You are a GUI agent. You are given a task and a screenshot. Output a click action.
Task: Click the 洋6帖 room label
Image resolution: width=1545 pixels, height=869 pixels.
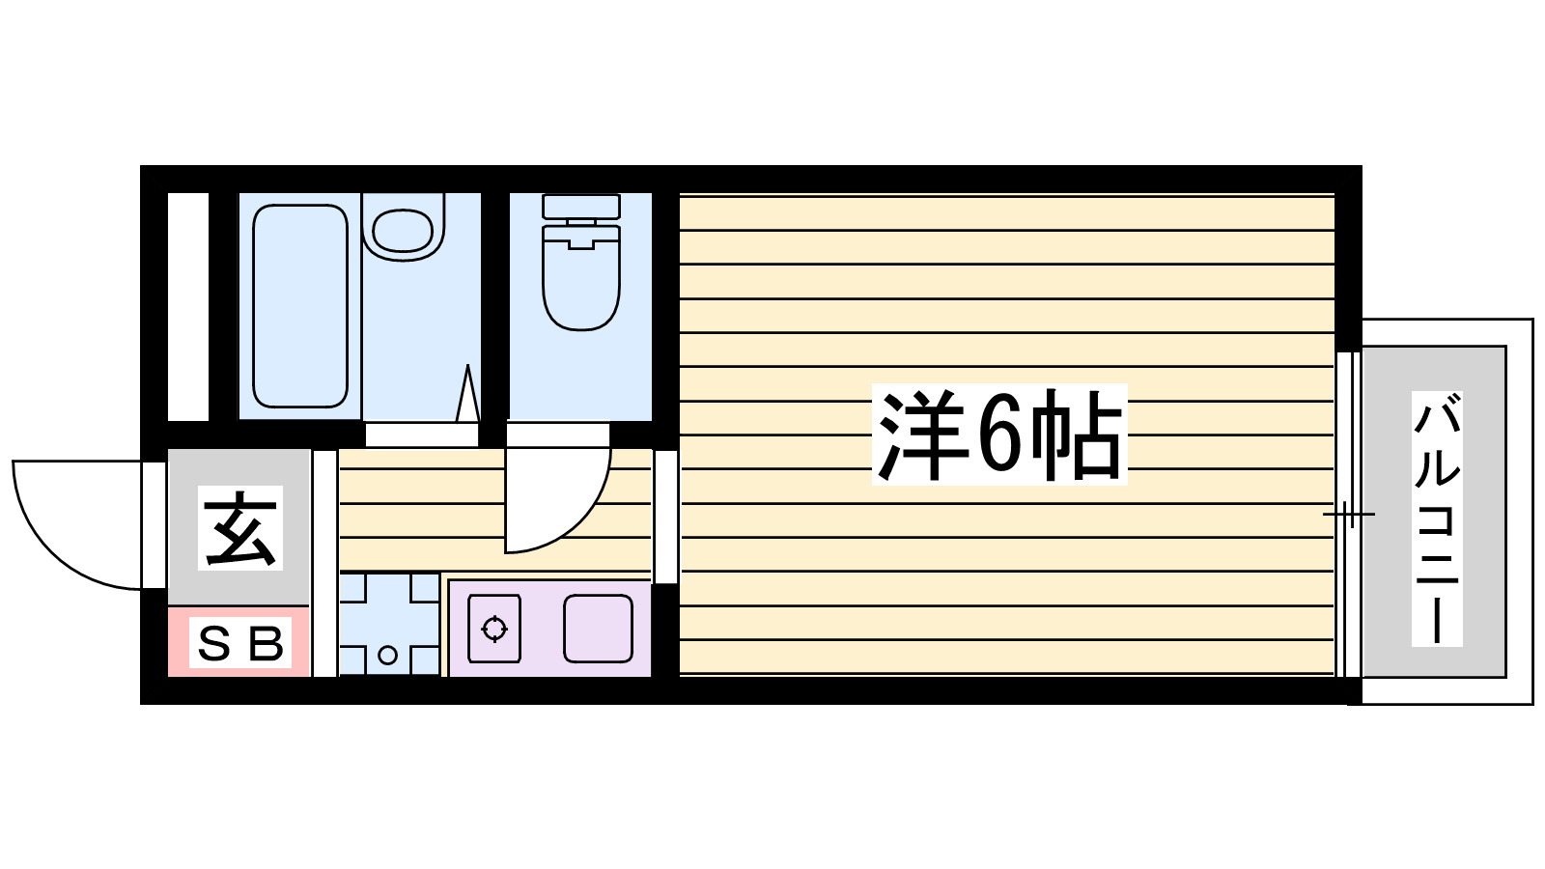click(999, 434)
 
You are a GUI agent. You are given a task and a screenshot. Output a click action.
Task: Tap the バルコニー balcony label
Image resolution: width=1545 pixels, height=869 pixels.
click(1436, 519)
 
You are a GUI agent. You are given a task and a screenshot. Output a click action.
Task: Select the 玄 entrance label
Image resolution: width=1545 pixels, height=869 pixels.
click(240, 528)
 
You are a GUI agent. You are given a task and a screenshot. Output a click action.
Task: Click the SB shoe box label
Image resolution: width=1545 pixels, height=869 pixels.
click(239, 643)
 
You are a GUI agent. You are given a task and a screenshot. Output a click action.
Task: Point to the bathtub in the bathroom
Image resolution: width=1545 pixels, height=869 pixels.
click(299, 305)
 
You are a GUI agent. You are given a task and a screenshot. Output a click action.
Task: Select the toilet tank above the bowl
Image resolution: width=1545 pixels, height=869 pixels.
click(580, 207)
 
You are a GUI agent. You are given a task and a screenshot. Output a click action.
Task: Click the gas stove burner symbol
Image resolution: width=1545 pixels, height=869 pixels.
click(494, 629)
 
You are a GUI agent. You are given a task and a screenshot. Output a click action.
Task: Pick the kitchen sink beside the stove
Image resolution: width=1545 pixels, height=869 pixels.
click(598, 629)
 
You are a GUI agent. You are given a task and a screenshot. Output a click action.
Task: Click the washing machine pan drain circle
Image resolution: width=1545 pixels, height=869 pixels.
click(388, 656)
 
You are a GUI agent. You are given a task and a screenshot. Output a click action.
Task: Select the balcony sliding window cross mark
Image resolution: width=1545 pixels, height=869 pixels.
click(1348, 514)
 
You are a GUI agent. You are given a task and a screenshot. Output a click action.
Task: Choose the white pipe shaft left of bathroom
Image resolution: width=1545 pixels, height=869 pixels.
click(188, 306)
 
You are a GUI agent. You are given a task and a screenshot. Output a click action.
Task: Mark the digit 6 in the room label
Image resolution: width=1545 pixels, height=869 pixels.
click(998, 434)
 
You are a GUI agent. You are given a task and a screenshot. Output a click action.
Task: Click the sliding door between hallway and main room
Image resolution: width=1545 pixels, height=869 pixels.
click(665, 517)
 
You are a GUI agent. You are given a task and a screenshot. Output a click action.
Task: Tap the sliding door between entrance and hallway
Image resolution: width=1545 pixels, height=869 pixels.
click(324, 563)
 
